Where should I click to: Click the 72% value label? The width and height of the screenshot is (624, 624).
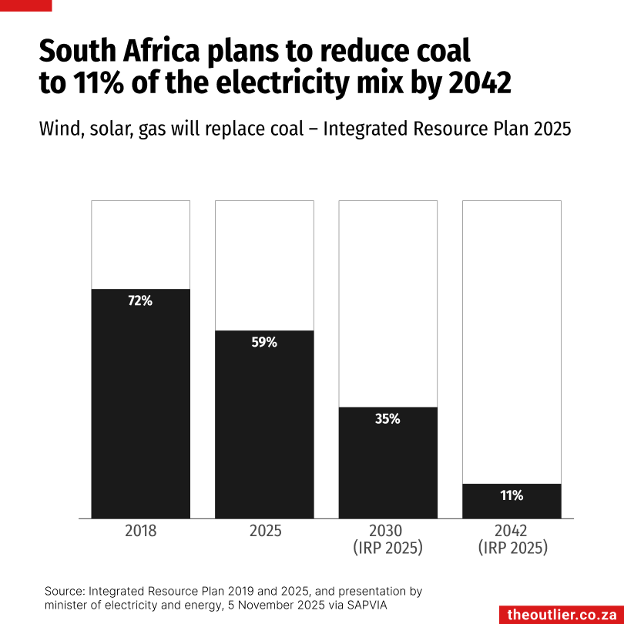[140, 301]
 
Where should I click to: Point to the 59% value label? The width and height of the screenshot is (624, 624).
[264, 343]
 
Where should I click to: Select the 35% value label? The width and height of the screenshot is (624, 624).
[388, 419]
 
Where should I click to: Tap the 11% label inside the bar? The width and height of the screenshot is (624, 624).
[512, 495]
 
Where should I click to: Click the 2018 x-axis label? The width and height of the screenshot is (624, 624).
[140, 531]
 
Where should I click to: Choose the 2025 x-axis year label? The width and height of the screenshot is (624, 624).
[264, 531]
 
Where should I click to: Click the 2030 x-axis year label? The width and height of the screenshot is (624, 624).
[388, 531]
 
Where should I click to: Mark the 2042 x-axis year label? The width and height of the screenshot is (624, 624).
[512, 531]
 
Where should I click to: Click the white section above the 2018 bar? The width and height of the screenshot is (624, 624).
[140, 244]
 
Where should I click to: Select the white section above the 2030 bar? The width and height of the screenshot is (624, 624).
[388, 304]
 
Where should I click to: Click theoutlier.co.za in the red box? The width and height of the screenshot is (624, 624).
[562, 614]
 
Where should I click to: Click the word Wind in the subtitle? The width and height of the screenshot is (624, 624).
[59, 129]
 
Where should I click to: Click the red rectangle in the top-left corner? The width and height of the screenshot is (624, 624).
[25, 5]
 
